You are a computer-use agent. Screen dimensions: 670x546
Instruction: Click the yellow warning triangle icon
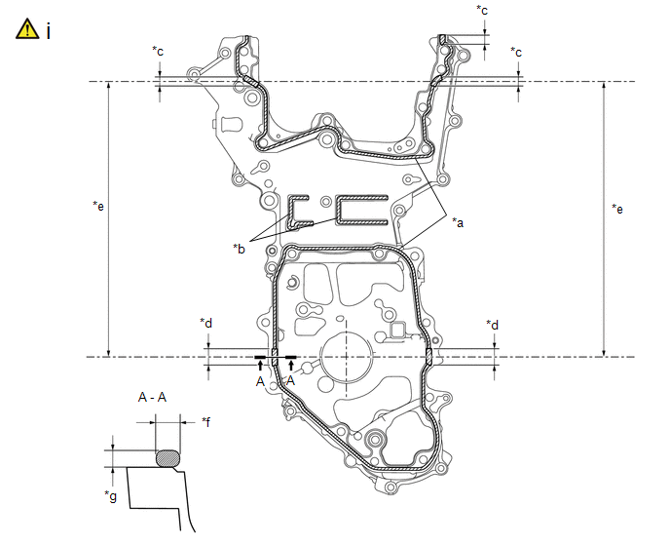coord(27,29)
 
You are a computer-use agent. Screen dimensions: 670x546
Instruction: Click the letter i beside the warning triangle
coord(49,31)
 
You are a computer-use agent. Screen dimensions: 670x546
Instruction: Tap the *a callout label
coord(458,222)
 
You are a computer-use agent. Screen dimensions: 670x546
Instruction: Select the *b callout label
coord(239,249)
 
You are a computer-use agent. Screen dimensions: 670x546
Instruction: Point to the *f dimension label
coord(205,422)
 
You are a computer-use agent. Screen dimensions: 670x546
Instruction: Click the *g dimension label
coord(110,495)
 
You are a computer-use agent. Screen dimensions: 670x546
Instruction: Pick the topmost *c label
coord(482,10)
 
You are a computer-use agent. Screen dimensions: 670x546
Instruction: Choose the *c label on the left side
coord(158,51)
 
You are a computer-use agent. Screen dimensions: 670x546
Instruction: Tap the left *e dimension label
coord(98,206)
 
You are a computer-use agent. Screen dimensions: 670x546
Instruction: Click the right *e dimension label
coord(617,209)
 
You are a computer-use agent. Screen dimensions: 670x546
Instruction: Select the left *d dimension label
coord(205,323)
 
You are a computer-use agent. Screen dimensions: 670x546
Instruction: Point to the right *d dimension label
coord(492,325)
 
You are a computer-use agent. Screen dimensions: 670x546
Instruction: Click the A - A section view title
coord(152,398)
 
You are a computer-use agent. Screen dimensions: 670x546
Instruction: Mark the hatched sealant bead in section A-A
coord(168,458)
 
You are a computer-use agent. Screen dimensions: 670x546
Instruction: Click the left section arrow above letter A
coord(260,366)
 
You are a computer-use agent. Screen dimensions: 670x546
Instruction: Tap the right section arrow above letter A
coord(291,366)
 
